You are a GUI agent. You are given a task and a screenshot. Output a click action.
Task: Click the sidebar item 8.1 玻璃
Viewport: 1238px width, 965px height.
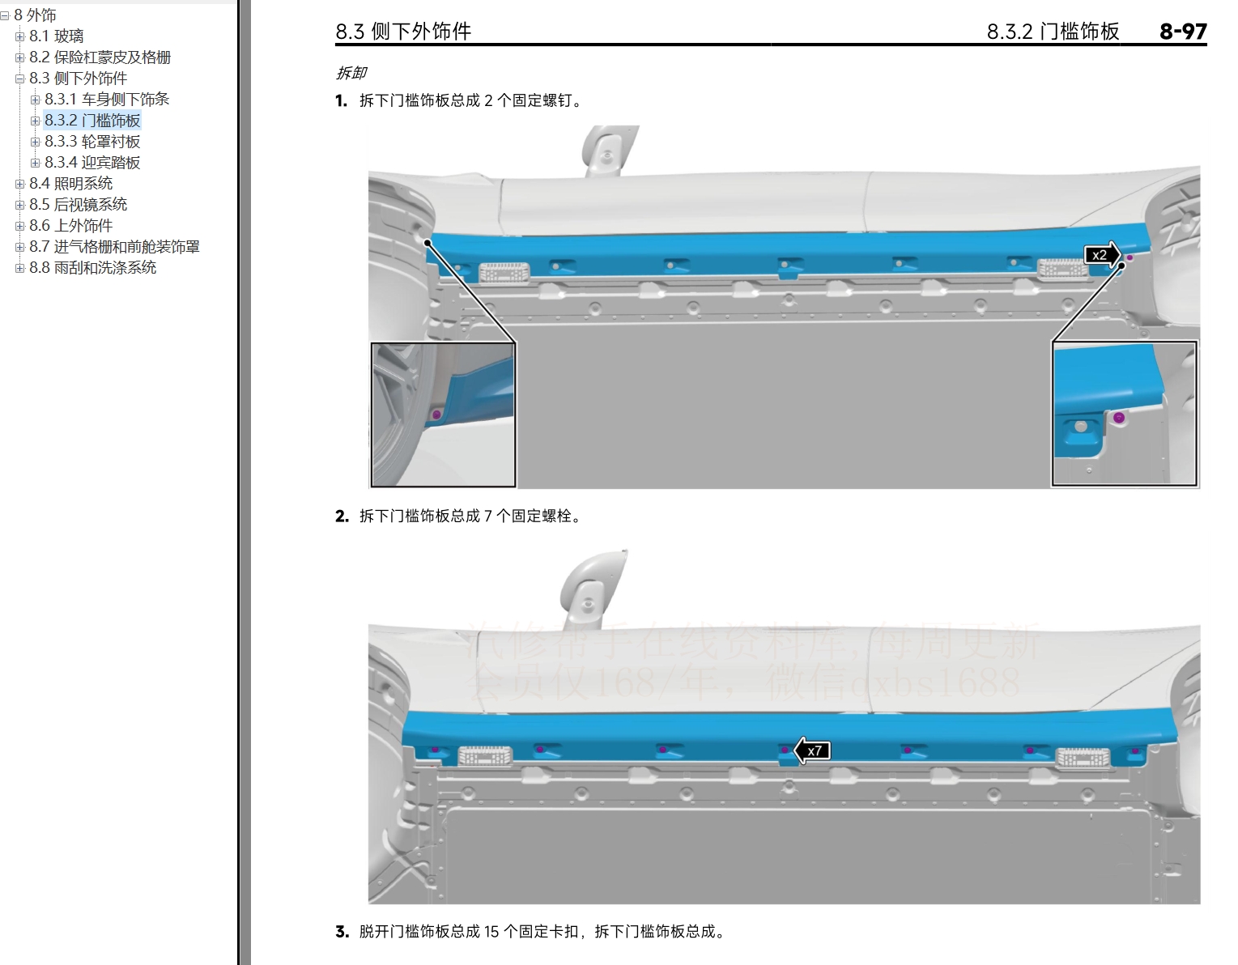[56, 36]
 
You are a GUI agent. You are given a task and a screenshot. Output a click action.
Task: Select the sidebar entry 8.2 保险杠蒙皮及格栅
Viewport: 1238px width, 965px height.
[100, 57]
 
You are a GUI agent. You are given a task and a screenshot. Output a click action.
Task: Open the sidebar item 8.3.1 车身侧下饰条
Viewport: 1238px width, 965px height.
[107, 100]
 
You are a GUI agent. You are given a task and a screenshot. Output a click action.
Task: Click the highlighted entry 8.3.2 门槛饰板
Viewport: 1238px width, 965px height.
[92, 121]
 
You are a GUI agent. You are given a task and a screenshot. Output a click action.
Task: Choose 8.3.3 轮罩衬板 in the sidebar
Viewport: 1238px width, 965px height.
[92, 142]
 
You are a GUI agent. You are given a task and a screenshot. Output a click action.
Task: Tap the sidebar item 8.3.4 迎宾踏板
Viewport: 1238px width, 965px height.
[92, 163]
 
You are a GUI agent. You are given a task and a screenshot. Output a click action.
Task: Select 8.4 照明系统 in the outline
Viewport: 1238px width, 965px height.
[70, 184]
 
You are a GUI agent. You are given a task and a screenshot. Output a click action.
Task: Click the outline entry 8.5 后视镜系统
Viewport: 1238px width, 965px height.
[78, 205]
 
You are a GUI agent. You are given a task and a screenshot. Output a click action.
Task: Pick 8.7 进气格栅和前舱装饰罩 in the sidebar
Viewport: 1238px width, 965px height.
[114, 247]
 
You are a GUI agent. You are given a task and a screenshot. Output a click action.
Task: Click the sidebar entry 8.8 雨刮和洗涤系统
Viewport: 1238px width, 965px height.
[92, 268]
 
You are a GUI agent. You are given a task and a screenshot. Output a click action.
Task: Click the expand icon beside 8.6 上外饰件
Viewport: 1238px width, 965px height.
[19, 226]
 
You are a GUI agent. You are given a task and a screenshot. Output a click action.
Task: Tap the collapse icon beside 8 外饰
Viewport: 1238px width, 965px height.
[5, 15]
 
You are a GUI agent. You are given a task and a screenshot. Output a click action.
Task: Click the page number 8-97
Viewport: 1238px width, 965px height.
[1182, 32]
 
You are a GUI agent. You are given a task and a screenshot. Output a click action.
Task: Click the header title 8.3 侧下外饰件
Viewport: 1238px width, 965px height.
[403, 32]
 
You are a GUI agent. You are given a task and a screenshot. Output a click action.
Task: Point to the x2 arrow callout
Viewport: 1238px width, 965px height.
[1102, 255]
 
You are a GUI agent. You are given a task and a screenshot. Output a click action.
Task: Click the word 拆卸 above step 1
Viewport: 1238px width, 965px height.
[351, 74]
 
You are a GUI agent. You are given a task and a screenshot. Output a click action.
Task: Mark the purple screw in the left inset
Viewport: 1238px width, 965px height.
[436, 414]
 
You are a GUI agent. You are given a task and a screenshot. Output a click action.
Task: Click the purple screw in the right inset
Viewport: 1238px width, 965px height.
[1119, 418]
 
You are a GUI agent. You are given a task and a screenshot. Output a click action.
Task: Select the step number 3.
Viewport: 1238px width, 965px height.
[342, 932]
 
